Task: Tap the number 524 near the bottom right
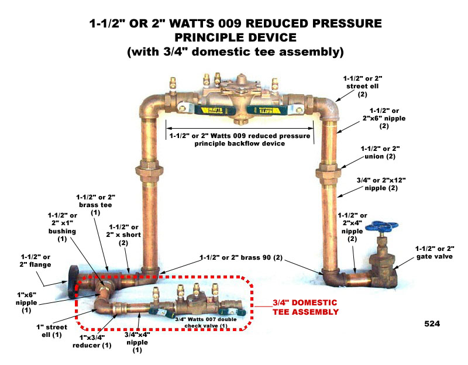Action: point(432,323)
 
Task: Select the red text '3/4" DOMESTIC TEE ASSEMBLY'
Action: point(306,308)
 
